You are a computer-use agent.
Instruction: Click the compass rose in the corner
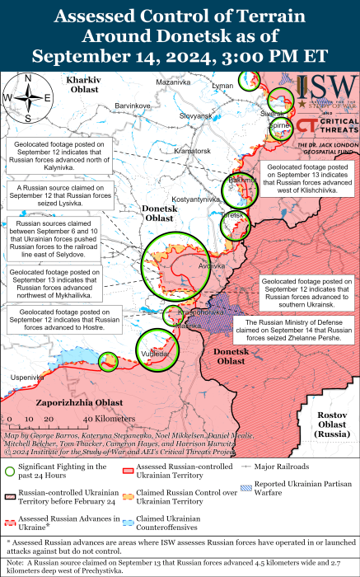point(28,96)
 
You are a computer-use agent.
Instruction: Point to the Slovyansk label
point(196,115)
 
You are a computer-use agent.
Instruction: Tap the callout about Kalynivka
point(63,156)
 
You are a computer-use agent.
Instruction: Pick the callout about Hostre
point(63,317)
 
